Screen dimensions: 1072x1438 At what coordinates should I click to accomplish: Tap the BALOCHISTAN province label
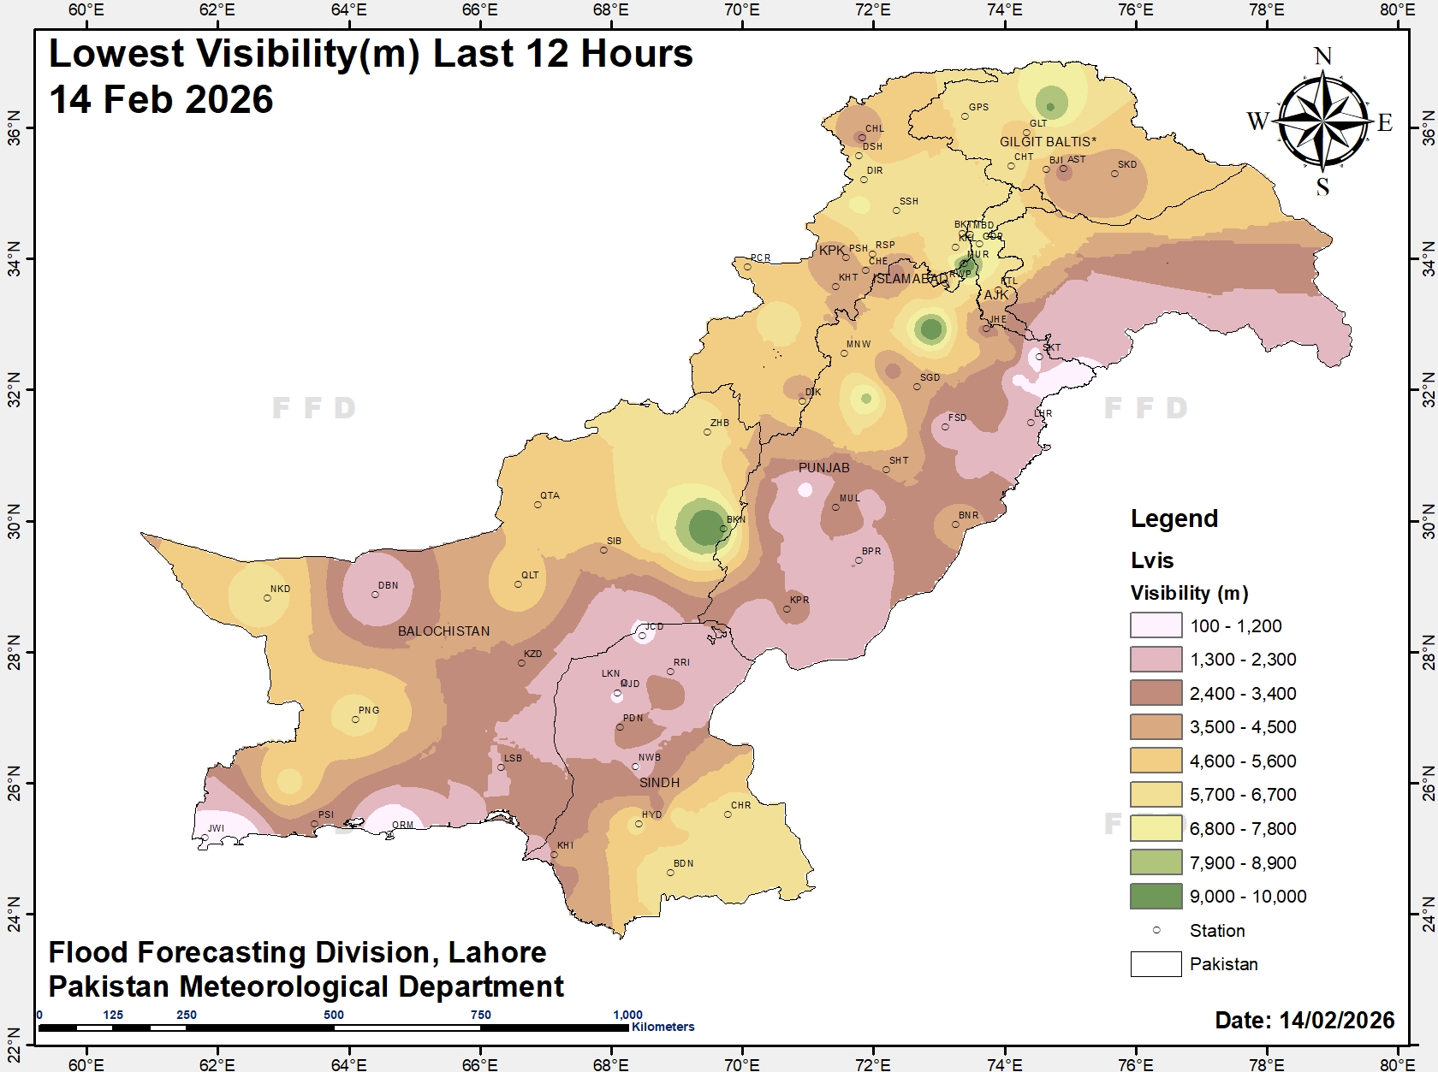[443, 631]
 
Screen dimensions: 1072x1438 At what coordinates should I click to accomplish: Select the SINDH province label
[659, 783]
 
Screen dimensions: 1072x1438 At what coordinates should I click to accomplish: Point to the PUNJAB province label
[823, 468]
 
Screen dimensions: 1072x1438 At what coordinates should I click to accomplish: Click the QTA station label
[550, 496]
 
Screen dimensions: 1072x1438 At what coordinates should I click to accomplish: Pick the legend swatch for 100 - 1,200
[1156, 625]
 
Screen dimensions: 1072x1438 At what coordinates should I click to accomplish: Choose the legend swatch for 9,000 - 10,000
[1156, 896]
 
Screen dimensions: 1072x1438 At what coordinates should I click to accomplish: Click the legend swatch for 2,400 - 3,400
[1156, 693]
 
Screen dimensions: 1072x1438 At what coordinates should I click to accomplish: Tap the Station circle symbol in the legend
[1156, 930]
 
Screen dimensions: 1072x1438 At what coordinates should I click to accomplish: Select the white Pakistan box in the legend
[1156, 964]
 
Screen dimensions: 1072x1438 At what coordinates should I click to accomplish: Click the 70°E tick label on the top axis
[741, 10]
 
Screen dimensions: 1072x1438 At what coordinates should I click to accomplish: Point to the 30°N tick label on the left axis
[14, 521]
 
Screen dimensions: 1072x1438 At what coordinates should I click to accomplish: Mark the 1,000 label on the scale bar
[627, 1015]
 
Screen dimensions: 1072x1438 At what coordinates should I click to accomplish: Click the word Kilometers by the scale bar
[663, 1027]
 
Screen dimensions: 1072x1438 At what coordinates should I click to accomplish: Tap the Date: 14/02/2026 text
[1304, 1020]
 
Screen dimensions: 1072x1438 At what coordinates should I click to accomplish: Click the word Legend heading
[1174, 518]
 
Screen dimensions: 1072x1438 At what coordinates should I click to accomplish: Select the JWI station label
[216, 828]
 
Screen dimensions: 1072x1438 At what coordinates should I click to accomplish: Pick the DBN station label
[389, 586]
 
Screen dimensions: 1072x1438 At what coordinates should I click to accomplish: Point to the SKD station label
[1127, 164]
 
